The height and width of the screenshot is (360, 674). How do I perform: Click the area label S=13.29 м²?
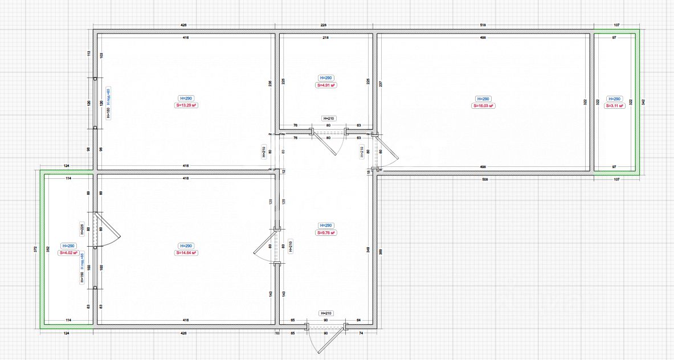[186, 105]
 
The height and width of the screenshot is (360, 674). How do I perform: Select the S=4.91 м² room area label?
[326, 85]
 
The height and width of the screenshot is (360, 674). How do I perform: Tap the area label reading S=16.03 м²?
[483, 105]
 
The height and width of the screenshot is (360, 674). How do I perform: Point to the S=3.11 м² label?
[615, 105]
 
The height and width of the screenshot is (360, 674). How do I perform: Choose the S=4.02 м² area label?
[68, 252]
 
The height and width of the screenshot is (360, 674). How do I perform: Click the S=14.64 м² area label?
[186, 252]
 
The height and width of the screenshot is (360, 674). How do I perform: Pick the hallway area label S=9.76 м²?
[326, 232]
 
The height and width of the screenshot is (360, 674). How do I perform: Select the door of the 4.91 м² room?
[329, 142]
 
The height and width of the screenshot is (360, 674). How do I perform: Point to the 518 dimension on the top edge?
[483, 26]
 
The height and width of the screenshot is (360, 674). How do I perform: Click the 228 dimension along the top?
[324, 26]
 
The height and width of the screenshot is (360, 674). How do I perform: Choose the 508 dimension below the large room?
[485, 179]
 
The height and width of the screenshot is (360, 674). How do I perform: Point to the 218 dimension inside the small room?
[325, 38]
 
